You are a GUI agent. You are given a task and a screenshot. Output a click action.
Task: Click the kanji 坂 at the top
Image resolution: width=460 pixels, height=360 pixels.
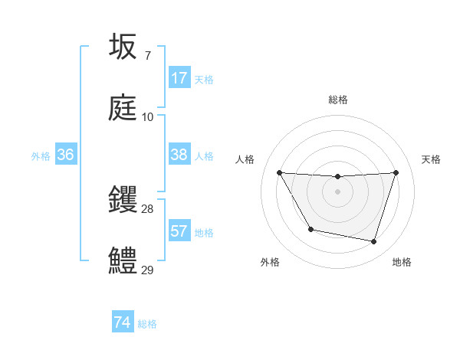tap(123, 47)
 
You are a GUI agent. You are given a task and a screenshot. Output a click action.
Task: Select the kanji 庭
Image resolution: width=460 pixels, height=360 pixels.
tap(123, 108)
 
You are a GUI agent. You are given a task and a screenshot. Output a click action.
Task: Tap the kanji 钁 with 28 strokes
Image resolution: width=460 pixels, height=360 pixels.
tap(123, 200)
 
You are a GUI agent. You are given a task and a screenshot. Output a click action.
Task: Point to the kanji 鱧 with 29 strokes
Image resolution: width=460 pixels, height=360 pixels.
tap(123, 261)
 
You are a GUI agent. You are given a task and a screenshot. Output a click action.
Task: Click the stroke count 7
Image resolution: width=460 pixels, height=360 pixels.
tap(147, 56)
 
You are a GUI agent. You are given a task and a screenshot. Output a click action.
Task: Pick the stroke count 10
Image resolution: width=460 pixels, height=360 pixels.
tap(147, 117)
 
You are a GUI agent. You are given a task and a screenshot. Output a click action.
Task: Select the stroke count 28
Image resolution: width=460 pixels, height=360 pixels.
tap(147, 209)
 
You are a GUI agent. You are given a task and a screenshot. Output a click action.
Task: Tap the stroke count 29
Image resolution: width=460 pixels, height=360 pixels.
tap(147, 270)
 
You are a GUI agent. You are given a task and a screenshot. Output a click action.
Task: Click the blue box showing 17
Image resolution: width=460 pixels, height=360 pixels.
tap(179, 78)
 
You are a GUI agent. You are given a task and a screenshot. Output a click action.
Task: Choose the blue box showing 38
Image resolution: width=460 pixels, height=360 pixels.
tap(179, 155)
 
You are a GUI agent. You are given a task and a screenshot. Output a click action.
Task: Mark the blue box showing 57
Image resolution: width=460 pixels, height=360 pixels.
tap(179, 231)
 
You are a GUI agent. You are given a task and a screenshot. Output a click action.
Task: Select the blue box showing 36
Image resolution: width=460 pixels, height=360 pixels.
tap(66, 155)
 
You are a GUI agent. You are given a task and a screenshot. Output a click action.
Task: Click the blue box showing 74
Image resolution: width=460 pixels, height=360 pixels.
tap(123, 322)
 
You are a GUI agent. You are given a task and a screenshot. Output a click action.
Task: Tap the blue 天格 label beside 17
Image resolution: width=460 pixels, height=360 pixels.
tap(204, 79)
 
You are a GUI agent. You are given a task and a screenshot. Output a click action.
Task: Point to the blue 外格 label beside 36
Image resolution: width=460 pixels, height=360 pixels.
tap(41, 155)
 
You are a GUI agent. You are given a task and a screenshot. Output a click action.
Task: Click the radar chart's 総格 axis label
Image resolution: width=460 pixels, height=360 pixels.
tap(338, 100)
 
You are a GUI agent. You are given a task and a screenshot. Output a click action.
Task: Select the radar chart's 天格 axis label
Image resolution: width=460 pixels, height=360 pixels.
tap(431, 159)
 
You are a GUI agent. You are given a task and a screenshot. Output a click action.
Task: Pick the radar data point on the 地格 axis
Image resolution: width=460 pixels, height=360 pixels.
tap(373, 242)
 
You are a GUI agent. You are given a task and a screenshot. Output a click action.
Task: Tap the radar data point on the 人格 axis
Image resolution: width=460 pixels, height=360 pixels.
tap(279, 172)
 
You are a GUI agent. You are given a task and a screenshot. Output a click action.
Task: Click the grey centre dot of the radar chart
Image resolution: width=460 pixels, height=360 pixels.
tap(338, 191)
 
